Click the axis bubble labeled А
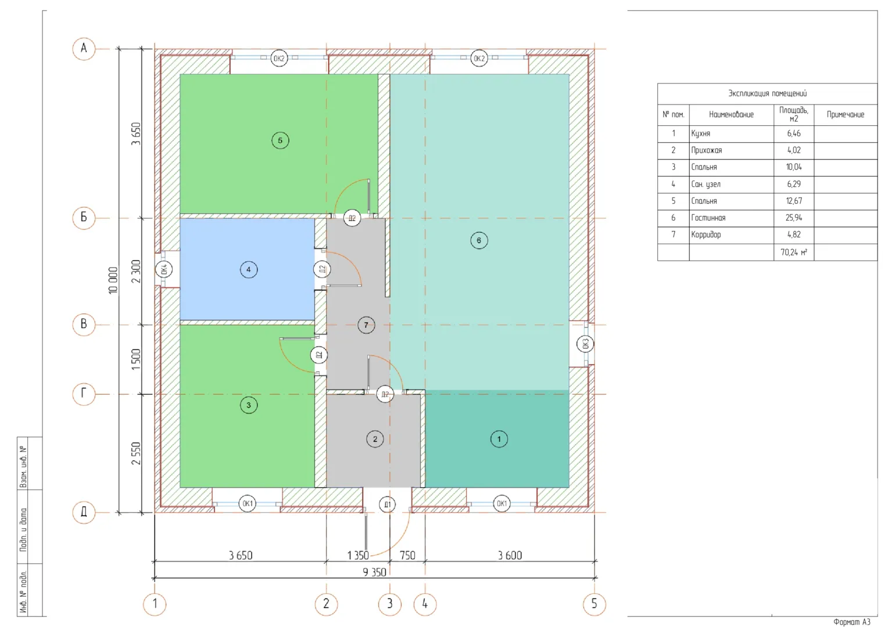[84, 49]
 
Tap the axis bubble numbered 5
[595, 604]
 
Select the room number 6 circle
[479, 240]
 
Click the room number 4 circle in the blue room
[249, 270]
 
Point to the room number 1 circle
[499, 439]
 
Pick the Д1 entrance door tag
[387, 505]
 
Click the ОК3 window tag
[586, 344]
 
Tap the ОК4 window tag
[164, 269]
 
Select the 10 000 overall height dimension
[113, 280]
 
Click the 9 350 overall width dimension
[374, 572]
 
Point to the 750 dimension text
[407, 556]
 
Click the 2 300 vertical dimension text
[136, 271]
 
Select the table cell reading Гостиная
[708, 218]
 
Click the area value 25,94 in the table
[794, 218]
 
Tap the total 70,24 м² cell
[794, 253]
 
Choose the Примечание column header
[845, 115]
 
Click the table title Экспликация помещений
[767, 93]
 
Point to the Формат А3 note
[851, 621]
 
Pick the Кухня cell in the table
[700, 134]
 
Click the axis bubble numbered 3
[390, 604]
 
